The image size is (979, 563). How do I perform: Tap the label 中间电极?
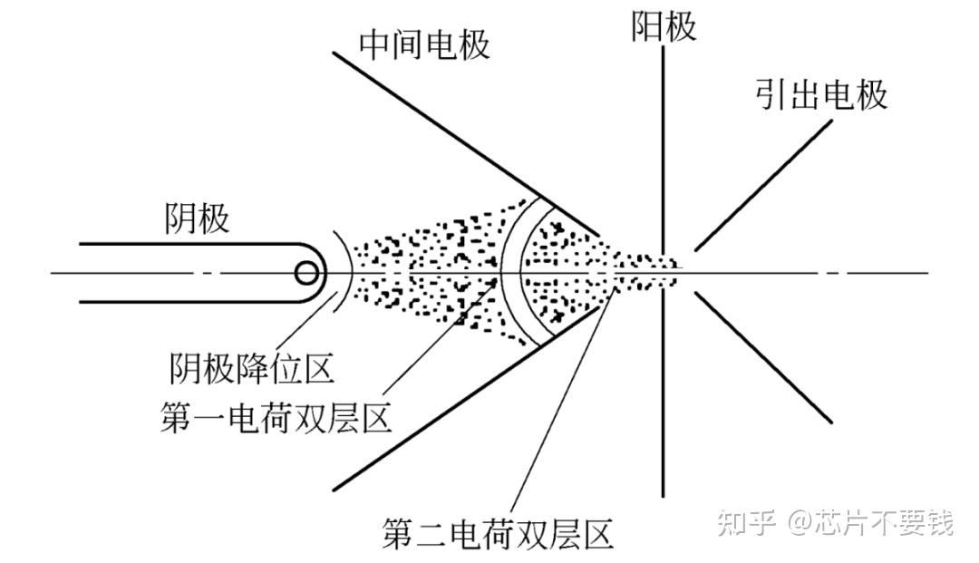424,44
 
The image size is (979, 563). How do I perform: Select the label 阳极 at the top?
664,26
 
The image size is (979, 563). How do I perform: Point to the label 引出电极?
820,94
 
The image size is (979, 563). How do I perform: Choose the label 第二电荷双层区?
498,534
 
